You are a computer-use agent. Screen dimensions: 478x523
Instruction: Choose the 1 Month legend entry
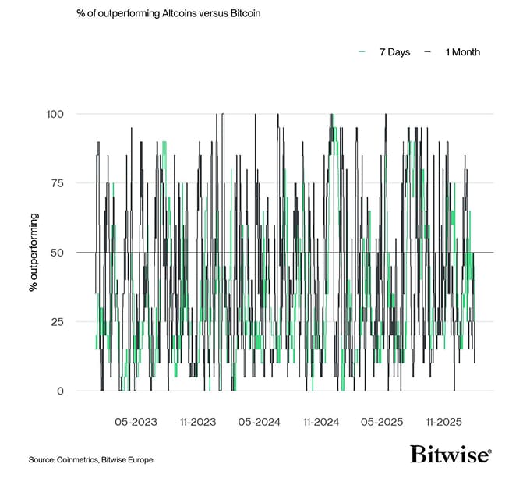coord(462,52)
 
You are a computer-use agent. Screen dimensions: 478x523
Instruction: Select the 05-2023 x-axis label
coord(136,422)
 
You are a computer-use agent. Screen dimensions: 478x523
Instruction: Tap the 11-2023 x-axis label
coord(197,422)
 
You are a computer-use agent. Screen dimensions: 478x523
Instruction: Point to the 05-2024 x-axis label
coord(259,422)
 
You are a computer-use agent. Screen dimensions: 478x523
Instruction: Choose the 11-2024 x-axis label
coord(320,422)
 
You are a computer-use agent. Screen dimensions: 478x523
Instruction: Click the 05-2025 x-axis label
coord(381,422)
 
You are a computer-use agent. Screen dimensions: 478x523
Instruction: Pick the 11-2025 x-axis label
coord(443,422)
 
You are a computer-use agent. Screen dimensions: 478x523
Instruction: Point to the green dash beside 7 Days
coord(362,52)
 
